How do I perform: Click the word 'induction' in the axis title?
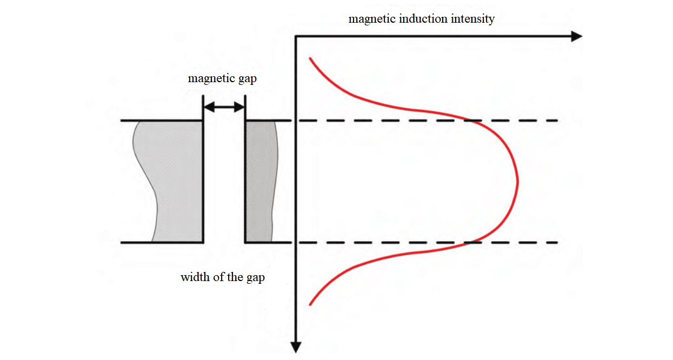coord(422,19)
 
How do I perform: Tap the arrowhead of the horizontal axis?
coord(577,36)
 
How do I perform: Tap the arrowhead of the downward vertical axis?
coord(296,348)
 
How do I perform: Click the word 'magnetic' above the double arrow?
coord(210,78)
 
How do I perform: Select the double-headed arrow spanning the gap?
coord(224,108)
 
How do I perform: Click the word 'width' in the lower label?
coord(192,278)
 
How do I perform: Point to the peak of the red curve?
coord(517,181)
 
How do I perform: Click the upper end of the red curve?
coord(310,58)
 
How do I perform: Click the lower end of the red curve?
coord(310,304)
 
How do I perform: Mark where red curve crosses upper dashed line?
coord(472,121)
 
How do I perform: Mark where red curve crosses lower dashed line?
coord(472,242)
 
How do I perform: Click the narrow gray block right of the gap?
coord(259,181)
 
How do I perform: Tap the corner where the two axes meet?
coord(296,36)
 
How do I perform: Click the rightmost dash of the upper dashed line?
coord(552,121)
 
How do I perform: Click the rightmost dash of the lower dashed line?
coord(552,242)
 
